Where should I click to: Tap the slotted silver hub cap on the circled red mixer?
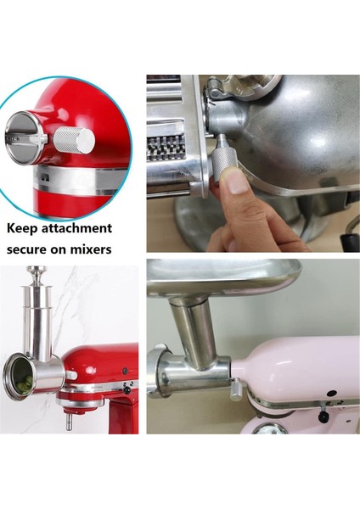pos(24,136)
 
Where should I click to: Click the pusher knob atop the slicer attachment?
pos(36,272)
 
